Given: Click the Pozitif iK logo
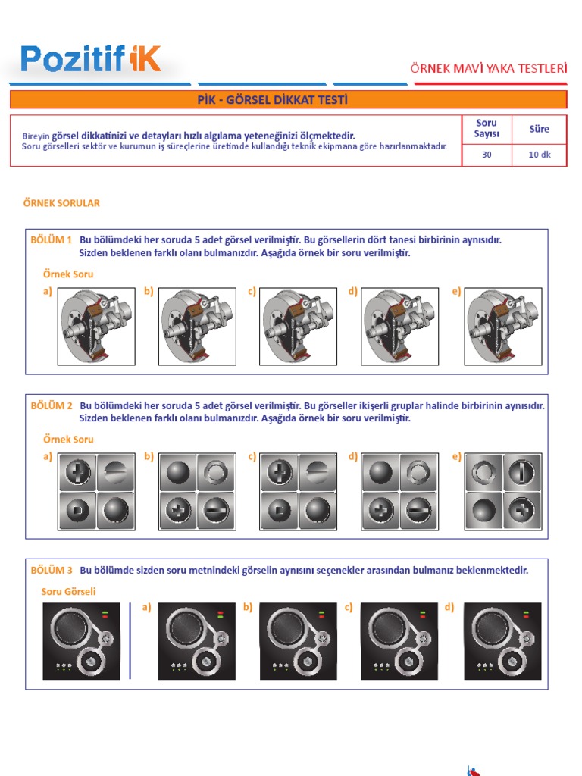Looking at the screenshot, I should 90,59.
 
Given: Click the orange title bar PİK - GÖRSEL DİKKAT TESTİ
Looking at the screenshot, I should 287,100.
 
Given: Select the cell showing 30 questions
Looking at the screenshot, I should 487,155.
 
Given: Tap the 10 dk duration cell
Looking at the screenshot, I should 539,155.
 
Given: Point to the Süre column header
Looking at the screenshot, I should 539,129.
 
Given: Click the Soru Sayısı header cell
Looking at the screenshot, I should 487,129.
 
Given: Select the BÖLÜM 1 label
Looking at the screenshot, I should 52,239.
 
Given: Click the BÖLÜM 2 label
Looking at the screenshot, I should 52,405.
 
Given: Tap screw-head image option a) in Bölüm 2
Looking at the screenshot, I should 96,491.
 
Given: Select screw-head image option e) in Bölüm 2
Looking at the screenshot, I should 503,491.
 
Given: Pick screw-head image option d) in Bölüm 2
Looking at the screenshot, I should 400,491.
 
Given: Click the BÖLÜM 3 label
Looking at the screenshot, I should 52,570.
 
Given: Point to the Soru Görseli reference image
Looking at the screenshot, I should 80,641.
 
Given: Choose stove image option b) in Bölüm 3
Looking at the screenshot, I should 298,641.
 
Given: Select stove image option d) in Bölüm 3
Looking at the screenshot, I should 502,641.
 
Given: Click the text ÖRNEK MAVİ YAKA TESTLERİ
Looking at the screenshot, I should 488,68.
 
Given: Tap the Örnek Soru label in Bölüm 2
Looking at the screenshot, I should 68,439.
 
